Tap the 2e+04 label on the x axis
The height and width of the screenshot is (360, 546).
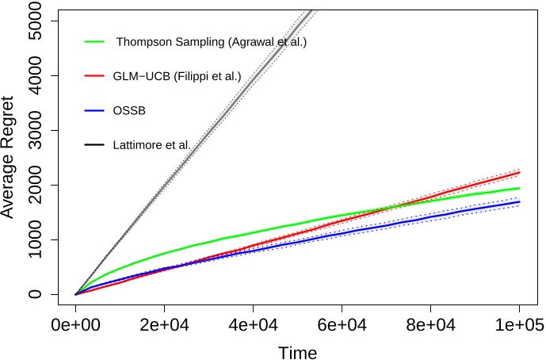(164, 325)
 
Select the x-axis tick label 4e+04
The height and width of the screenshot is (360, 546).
(253, 325)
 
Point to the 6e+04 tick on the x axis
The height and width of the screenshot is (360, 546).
(342, 325)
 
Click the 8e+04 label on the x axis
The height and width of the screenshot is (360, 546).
(430, 325)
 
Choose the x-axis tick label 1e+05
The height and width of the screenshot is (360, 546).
(518, 325)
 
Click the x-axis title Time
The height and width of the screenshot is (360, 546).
(297, 351)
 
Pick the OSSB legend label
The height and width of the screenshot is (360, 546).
(129, 110)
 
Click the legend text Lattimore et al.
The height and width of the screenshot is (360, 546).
(152, 144)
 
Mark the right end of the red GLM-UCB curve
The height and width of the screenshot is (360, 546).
(519, 172)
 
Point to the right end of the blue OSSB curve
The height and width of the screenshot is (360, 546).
(519, 201)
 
